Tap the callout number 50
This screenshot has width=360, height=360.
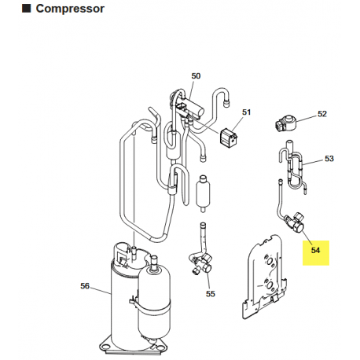(196, 75)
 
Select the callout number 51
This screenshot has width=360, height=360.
(246, 113)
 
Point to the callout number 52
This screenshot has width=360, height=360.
(322, 114)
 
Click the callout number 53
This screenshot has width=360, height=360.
(329, 158)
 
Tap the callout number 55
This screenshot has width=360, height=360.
(210, 294)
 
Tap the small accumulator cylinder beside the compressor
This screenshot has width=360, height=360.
(154, 302)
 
